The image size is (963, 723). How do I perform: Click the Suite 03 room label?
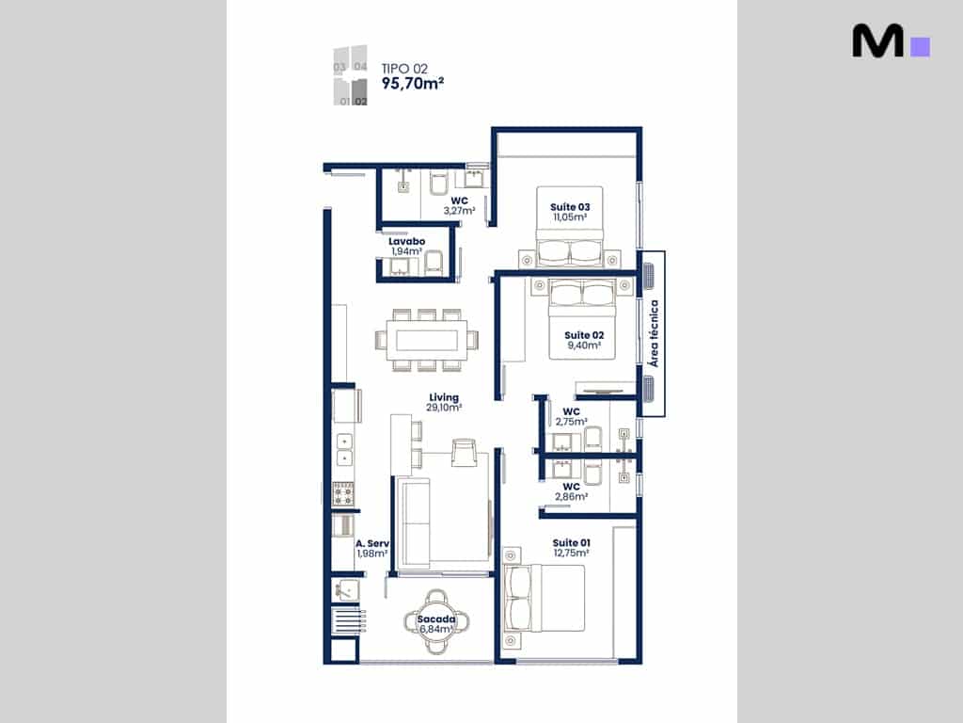click(x=570, y=207)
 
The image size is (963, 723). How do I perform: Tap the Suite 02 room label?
click(x=584, y=335)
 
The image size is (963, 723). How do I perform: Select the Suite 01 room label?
click(x=571, y=543)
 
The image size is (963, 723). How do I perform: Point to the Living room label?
click(x=444, y=398)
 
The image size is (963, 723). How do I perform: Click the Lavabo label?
click(x=406, y=242)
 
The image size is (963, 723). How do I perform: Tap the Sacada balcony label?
click(x=436, y=619)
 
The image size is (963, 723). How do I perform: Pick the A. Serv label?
click(x=372, y=543)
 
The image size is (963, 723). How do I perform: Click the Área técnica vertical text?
click(x=655, y=333)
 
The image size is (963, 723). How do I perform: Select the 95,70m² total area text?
click(x=413, y=83)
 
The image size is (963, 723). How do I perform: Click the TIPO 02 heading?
click(x=404, y=69)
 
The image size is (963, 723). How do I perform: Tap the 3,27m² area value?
click(x=459, y=211)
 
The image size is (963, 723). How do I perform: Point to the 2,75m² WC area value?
click(x=571, y=422)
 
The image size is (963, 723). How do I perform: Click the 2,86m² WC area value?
click(x=571, y=497)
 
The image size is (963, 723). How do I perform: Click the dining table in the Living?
click(x=427, y=340)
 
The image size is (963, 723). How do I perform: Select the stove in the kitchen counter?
click(x=343, y=493)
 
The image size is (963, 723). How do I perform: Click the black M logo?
click(x=878, y=40)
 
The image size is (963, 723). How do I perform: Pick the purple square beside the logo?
click(x=920, y=47)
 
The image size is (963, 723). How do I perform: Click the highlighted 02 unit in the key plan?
click(x=360, y=92)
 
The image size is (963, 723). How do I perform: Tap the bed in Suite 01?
click(x=544, y=599)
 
